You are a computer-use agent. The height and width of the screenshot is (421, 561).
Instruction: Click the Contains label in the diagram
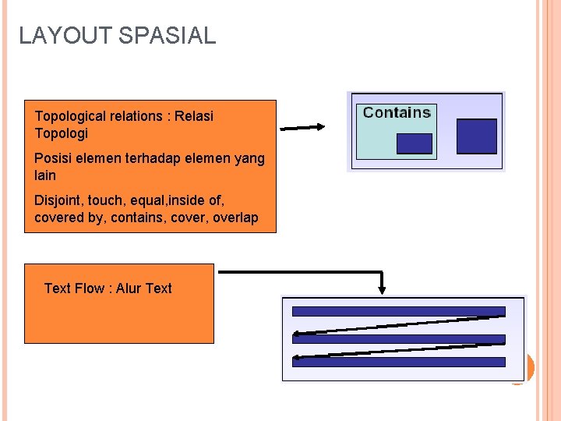(397, 112)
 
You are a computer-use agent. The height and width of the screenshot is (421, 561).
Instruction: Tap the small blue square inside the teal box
(414, 143)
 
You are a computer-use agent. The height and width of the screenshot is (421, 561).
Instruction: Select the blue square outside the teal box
(476, 136)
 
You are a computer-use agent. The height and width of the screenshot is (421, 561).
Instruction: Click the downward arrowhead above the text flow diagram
(382, 288)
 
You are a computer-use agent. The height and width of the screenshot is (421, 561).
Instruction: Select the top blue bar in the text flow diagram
(398, 311)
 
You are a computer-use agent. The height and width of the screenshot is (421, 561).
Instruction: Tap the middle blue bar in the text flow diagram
(398, 338)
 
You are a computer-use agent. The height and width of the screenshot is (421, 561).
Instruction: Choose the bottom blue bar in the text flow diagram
(398, 362)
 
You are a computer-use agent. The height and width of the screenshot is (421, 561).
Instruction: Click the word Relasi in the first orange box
(194, 116)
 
